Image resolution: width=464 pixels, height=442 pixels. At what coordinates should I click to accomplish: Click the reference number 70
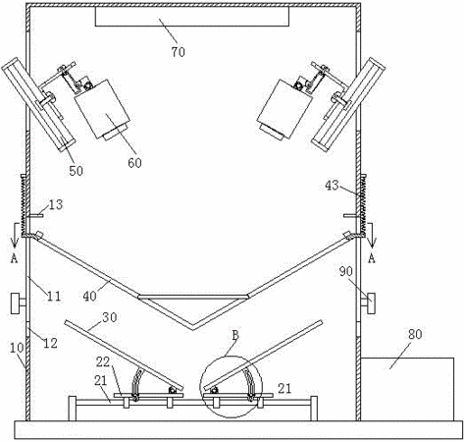click(179, 52)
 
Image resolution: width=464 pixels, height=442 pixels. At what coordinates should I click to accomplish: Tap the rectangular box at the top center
click(192, 17)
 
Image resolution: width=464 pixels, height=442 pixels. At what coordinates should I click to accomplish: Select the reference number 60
click(134, 163)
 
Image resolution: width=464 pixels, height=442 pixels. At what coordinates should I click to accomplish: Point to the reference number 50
click(76, 171)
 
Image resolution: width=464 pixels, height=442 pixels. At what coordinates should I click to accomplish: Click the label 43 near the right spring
click(332, 186)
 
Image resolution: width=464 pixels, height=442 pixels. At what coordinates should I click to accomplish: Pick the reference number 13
click(56, 205)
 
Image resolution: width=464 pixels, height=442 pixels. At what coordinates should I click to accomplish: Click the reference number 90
click(346, 271)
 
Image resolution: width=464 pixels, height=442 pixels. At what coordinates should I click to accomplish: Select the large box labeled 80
click(407, 389)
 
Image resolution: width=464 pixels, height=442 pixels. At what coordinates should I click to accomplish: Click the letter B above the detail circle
click(235, 335)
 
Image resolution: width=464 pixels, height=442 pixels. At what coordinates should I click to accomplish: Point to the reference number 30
click(110, 317)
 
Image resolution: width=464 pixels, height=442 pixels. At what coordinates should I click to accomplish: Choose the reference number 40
click(90, 296)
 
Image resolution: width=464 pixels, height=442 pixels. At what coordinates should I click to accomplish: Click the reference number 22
click(103, 362)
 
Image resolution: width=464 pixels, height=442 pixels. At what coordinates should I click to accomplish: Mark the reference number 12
click(51, 343)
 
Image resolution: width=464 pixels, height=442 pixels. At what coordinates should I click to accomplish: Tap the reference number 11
click(54, 296)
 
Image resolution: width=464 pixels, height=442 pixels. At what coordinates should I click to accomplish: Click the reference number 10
click(17, 348)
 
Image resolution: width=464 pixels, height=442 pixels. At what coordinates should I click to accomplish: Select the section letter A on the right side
click(372, 258)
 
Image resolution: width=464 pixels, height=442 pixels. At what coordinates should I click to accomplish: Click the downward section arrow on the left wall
click(14, 235)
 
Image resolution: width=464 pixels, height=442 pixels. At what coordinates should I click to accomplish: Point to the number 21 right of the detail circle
click(284, 389)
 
